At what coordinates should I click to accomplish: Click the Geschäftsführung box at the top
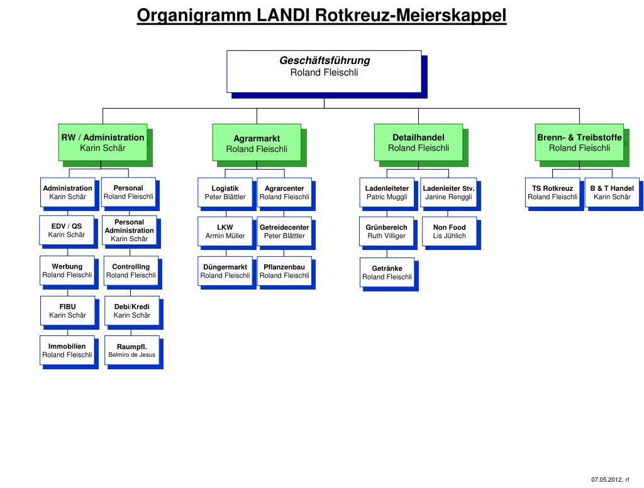(324, 71)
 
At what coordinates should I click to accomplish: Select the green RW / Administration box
(103, 142)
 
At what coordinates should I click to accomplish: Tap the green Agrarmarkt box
(257, 143)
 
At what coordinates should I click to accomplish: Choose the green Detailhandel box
(418, 142)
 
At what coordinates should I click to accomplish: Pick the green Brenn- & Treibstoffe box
(579, 142)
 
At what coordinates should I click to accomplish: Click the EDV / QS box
(67, 230)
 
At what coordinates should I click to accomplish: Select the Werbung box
(67, 271)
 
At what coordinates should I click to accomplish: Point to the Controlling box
(131, 271)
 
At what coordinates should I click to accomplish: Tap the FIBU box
(67, 310)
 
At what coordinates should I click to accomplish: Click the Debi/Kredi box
(131, 310)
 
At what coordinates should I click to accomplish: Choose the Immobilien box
(67, 350)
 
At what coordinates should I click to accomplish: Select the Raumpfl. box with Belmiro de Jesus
(131, 350)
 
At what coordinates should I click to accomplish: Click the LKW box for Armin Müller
(225, 231)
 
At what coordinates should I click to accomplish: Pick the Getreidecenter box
(284, 231)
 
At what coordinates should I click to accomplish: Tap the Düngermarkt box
(225, 271)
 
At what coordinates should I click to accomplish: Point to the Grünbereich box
(387, 231)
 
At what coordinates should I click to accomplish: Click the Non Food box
(449, 231)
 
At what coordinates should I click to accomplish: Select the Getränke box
(387, 272)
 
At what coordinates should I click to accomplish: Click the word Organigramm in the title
(195, 14)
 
